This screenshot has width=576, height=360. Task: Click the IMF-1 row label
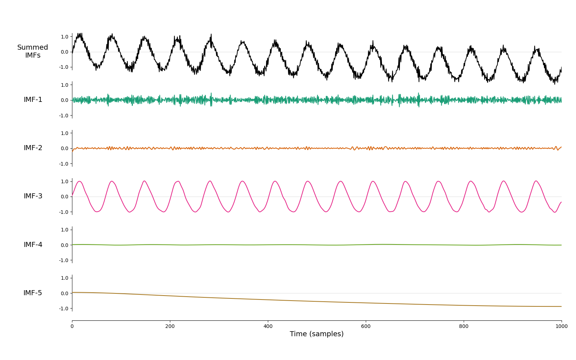(x=33, y=99)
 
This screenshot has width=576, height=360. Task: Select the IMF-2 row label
(x=33, y=148)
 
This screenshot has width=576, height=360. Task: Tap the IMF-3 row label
(x=33, y=196)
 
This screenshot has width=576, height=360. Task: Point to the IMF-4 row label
(x=33, y=244)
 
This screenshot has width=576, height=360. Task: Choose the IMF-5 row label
(x=33, y=293)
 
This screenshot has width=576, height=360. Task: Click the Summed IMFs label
(x=33, y=51)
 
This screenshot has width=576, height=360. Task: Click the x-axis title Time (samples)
(x=316, y=334)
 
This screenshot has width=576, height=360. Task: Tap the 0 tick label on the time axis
(x=72, y=326)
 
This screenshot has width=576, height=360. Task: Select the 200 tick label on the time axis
(x=170, y=326)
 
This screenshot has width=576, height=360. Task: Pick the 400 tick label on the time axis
(x=268, y=326)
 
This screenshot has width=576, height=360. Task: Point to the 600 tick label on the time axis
(x=366, y=326)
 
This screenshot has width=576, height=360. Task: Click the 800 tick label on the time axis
(x=464, y=326)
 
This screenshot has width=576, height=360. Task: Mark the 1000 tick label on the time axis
(x=562, y=326)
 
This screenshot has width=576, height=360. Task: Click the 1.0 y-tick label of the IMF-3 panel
(x=64, y=181)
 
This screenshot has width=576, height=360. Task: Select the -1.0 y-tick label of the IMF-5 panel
(x=63, y=309)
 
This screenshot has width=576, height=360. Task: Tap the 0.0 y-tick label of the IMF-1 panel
(x=64, y=100)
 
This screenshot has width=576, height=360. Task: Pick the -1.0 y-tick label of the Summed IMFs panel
(x=63, y=67)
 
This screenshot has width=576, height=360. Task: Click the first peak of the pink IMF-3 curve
(x=80, y=181)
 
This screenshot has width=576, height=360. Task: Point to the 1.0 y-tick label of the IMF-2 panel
(x=64, y=133)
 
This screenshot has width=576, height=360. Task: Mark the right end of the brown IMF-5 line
(x=561, y=306)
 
